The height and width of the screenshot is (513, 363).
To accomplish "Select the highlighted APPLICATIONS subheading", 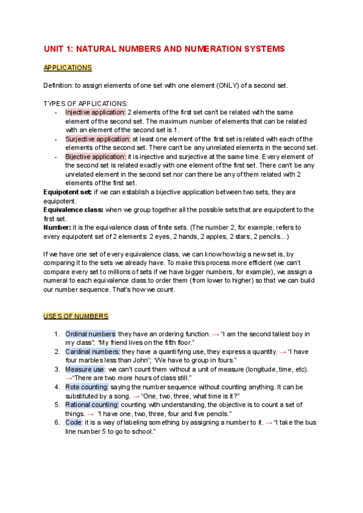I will (x=68, y=68).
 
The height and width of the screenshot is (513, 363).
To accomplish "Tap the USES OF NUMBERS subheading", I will (x=76, y=316).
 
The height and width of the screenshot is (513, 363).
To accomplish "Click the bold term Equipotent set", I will (x=68, y=192).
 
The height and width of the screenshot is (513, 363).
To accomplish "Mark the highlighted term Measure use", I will (x=86, y=369).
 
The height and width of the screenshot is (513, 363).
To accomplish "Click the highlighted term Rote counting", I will (x=87, y=387).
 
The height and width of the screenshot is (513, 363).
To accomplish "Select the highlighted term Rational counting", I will (x=93, y=404).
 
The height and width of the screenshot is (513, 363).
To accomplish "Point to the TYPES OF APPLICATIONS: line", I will (x=86, y=103).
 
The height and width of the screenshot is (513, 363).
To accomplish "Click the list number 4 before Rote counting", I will (x=56, y=387).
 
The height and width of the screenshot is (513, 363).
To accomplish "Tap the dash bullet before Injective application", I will (x=56, y=113).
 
